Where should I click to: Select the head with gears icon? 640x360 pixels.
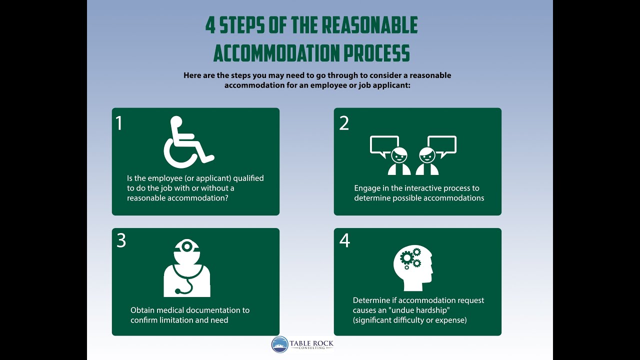click(x=413, y=268)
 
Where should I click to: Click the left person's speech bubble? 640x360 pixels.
click(x=384, y=145)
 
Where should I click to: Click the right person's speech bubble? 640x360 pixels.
click(x=442, y=145)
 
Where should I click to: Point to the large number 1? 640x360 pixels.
click(x=119, y=123)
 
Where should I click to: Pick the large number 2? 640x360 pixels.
click(x=344, y=123)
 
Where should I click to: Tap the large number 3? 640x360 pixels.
click(x=121, y=240)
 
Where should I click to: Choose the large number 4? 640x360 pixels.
click(x=344, y=240)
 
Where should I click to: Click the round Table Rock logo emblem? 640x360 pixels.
click(x=279, y=344)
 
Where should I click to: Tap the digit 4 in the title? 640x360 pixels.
click(x=210, y=25)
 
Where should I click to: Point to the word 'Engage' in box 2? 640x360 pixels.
click(x=367, y=188)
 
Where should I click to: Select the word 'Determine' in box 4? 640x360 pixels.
click(x=371, y=300)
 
